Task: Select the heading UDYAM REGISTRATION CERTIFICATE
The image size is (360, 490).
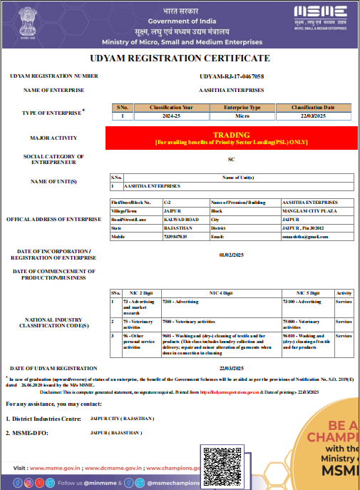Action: pyautogui.click(x=180, y=58)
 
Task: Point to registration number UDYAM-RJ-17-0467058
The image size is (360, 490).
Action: pyautogui.click(x=232, y=76)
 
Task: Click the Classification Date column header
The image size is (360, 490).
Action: pyautogui.click(x=313, y=107)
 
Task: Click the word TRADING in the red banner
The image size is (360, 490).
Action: pyautogui.click(x=232, y=134)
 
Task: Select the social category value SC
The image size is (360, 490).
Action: pyautogui.click(x=231, y=159)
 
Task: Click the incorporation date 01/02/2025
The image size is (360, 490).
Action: pyautogui.click(x=231, y=254)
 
